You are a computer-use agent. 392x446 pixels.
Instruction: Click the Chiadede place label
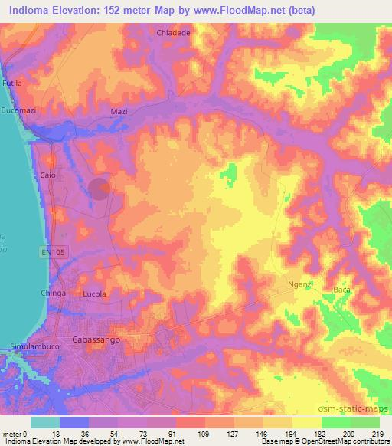173,34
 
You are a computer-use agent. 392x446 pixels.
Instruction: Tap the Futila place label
13,82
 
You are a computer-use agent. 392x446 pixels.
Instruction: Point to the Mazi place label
119,111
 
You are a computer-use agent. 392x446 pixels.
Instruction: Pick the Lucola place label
94,294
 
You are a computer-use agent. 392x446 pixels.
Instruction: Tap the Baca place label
341,290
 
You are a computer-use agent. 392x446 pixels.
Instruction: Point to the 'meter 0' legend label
16,433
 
